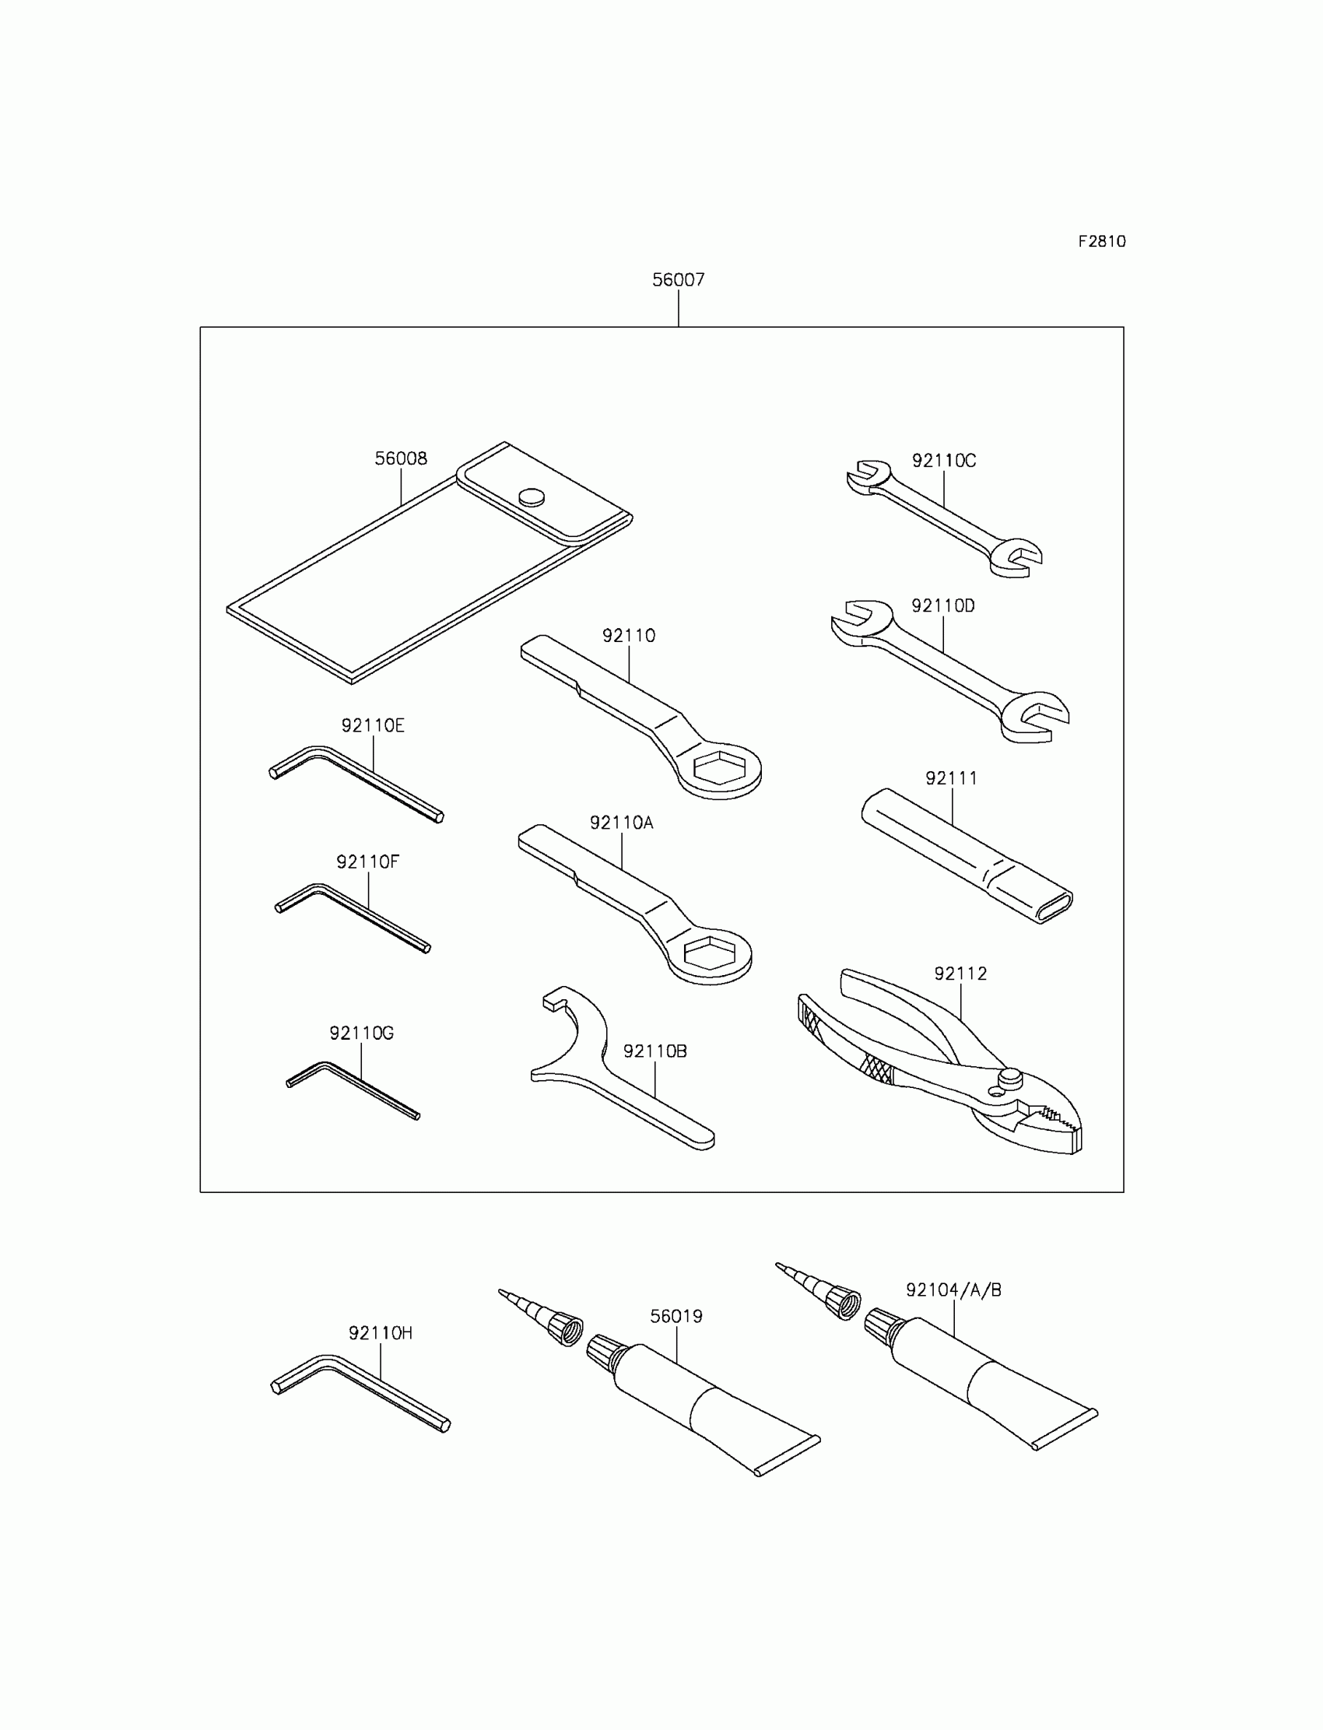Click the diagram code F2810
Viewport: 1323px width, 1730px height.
(1101, 242)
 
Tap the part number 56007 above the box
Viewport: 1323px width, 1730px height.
(678, 279)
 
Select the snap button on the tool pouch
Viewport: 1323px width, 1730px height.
(532, 496)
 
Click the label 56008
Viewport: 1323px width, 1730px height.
(401, 458)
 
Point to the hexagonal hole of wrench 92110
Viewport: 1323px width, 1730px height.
(720, 767)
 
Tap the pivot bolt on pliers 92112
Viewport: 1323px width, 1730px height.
(1010, 1076)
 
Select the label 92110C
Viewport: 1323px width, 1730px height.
(943, 461)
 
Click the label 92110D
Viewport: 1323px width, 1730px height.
(942, 605)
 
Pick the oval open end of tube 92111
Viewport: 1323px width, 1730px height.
(1054, 907)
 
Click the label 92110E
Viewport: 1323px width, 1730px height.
(373, 725)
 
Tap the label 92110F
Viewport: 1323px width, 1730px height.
(368, 861)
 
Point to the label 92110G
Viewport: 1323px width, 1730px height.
(361, 1033)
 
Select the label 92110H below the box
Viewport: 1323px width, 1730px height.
(381, 1333)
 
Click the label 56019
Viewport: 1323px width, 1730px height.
(676, 1316)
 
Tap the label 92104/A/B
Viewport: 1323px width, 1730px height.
(953, 1290)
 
